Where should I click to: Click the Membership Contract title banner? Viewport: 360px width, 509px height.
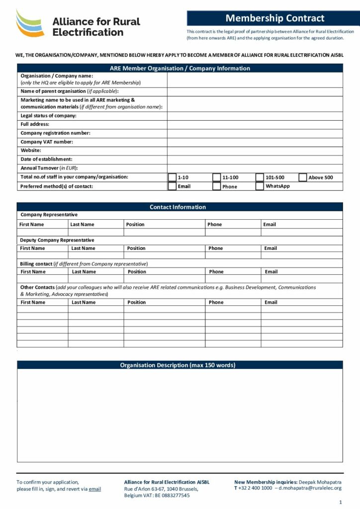274,18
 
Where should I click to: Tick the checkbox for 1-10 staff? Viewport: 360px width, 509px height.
172,177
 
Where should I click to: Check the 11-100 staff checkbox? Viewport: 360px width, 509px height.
216,177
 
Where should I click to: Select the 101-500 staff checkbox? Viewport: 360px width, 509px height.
260,177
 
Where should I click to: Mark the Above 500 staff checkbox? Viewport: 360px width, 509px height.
303,177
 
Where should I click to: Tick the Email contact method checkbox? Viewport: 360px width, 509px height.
172,186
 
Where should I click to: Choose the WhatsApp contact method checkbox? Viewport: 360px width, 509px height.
260,186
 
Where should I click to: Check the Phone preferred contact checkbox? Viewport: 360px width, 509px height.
216,186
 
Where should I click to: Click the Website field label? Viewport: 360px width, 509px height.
31,151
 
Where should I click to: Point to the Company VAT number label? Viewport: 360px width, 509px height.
47,142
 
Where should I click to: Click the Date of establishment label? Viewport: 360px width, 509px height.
46,160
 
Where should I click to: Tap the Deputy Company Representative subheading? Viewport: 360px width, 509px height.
57,240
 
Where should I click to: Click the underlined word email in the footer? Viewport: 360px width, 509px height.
94,489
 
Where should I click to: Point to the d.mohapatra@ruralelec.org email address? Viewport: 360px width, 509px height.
310,489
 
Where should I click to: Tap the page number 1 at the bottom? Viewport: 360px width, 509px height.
341,502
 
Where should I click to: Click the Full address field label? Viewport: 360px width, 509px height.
35,124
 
